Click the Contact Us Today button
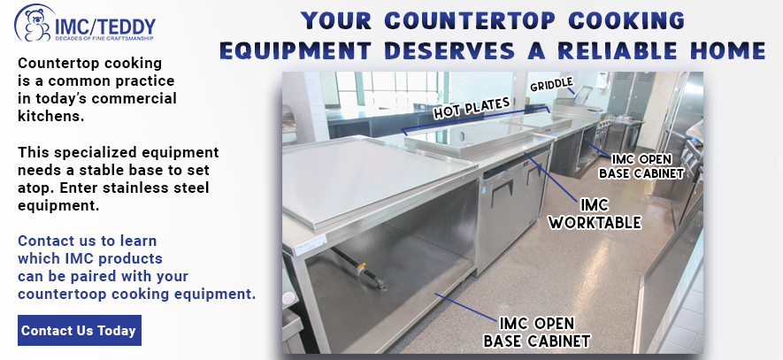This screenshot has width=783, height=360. [80, 330]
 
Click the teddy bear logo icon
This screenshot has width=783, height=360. [33, 23]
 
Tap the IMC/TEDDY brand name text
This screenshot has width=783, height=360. [105, 25]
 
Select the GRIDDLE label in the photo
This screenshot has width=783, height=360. [552, 84]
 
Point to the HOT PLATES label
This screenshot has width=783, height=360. [472, 108]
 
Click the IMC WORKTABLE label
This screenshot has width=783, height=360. [595, 214]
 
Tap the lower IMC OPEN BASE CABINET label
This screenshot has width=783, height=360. [537, 332]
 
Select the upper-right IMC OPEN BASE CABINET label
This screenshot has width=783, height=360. [641, 166]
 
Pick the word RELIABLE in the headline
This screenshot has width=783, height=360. [614, 50]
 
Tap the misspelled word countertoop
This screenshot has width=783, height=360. [63, 294]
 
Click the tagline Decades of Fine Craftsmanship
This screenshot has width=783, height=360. [104, 38]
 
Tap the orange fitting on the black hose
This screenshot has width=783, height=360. [361, 268]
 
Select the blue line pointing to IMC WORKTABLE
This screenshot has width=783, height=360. [552, 176]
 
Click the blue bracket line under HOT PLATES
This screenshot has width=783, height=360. [476, 119]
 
